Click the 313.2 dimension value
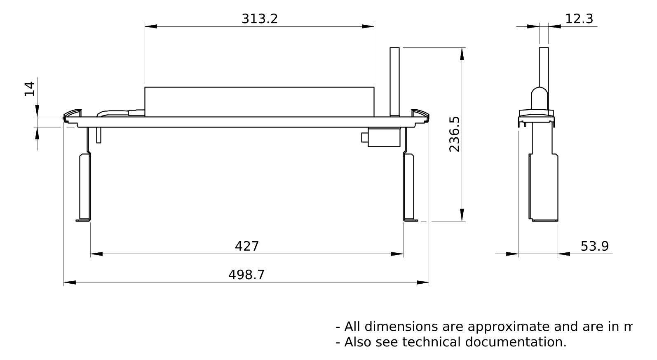(x=260, y=19)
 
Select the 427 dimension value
(x=246, y=246)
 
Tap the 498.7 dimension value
(x=246, y=275)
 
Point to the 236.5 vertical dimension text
(x=454, y=134)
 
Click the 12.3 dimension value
(x=579, y=19)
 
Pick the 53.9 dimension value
(x=594, y=246)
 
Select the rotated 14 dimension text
(x=30, y=89)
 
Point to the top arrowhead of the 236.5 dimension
(x=462, y=54)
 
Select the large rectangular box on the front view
(x=259, y=102)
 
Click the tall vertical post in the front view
(x=394, y=81)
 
